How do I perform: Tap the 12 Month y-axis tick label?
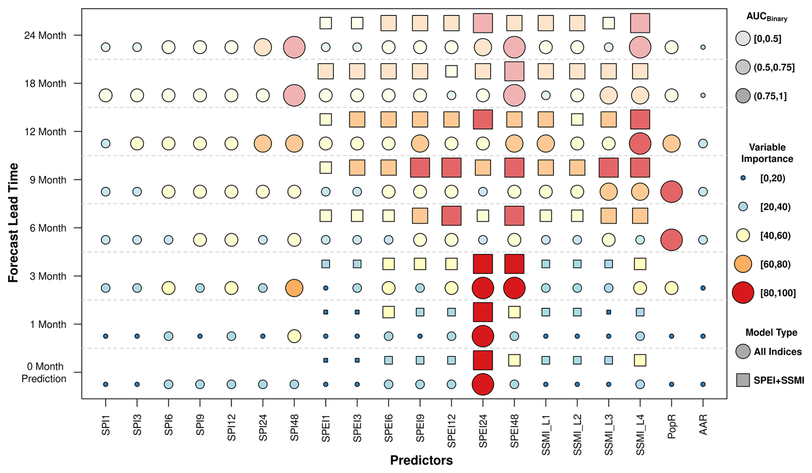click(45, 132)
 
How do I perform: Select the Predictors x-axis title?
click(421, 460)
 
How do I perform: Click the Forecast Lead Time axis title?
click(13, 223)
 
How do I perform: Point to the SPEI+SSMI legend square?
click(743, 380)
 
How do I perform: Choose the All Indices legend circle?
click(743, 352)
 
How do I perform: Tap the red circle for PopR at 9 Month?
click(672, 192)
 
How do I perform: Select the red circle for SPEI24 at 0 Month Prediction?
click(483, 384)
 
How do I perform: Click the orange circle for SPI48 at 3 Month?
click(294, 288)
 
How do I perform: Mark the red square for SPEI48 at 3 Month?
click(514, 264)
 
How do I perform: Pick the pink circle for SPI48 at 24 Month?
click(294, 47)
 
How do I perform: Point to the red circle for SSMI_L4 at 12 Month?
click(640, 144)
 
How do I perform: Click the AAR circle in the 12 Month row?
click(703, 144)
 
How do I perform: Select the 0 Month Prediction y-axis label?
click(44, 373)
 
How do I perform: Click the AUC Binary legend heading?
click(767, 17)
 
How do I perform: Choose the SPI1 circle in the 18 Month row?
click(106, 95)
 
